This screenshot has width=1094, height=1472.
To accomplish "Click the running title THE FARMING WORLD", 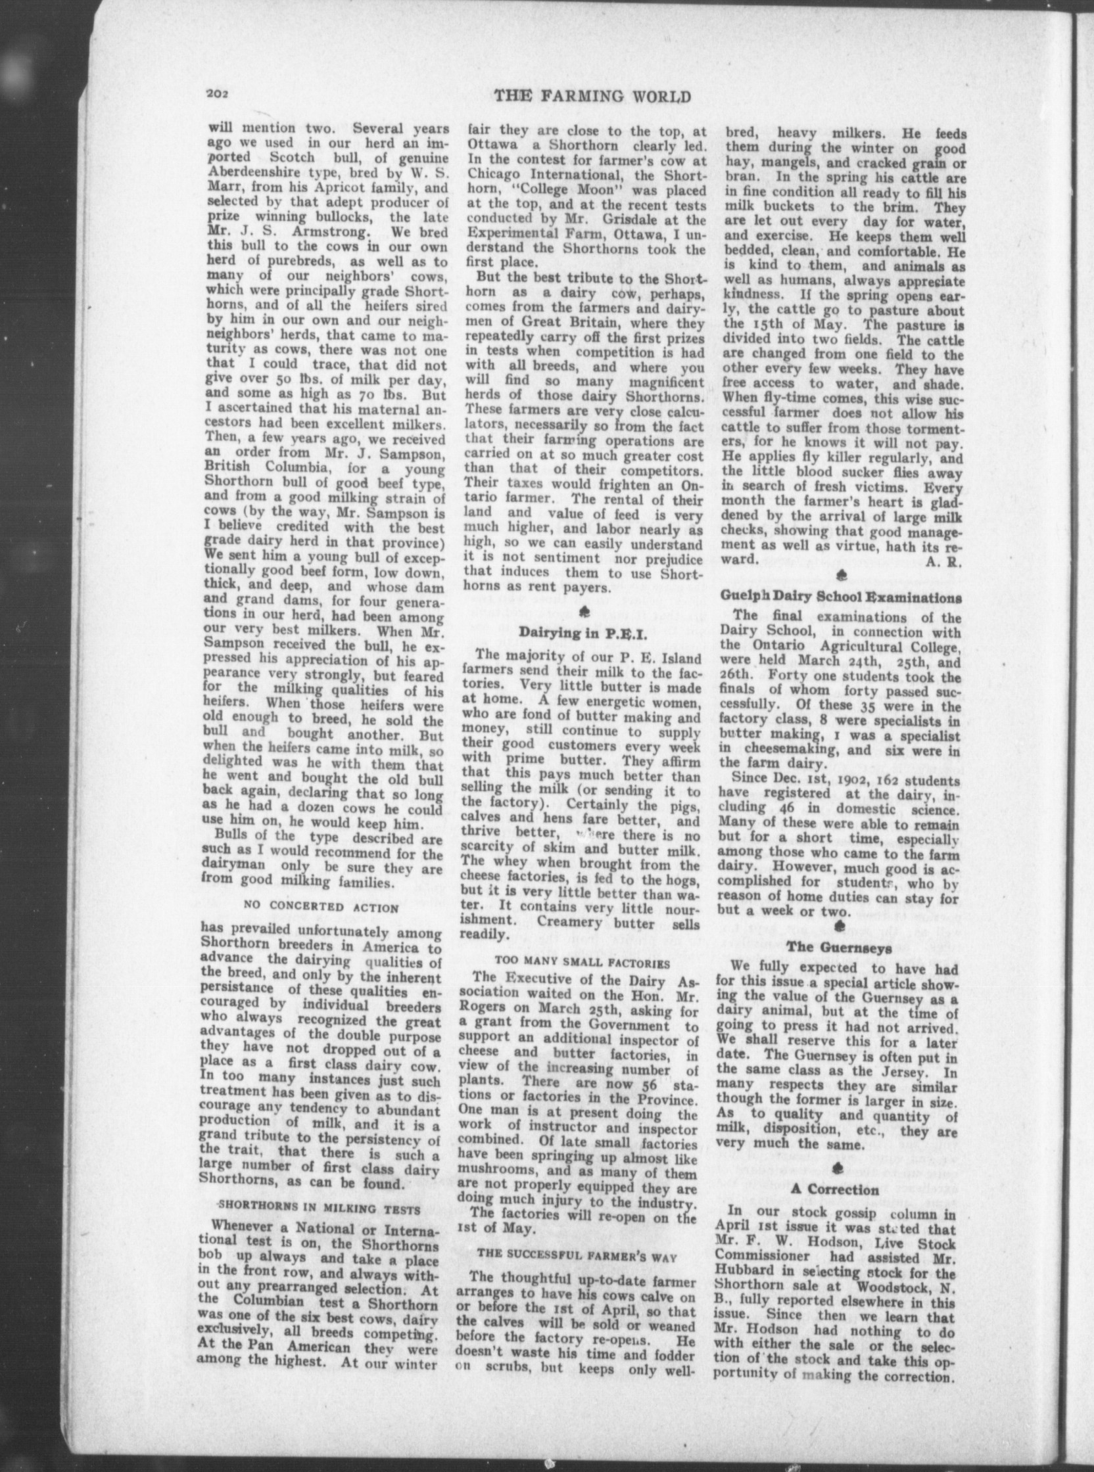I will [x=593, y=97].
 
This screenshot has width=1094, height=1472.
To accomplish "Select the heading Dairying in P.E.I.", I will [x=582, y=632].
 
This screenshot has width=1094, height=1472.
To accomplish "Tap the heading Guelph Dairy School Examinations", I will [x=840, y=597].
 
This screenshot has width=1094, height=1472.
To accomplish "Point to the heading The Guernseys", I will [x=839, y=947].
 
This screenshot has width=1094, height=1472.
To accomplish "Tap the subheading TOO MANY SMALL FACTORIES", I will [x=582, y=960].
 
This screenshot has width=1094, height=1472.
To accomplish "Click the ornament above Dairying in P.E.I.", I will [x=584, y=609].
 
